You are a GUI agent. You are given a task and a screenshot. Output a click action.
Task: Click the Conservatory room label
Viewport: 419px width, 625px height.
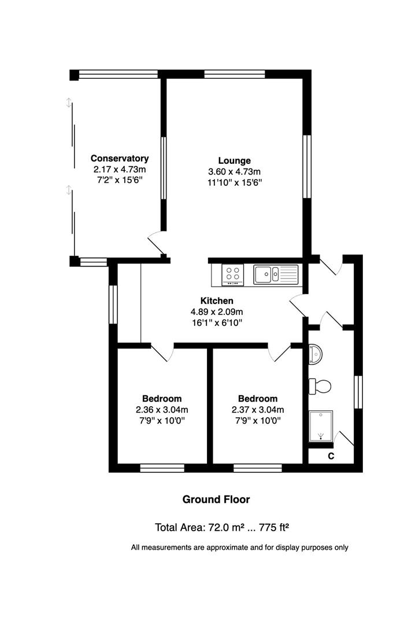click(x=120, y=158)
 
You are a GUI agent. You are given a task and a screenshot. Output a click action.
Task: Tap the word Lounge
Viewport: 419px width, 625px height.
click(x=235, y=161)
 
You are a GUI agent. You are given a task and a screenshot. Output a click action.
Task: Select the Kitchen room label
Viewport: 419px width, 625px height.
click(x=217, y=301)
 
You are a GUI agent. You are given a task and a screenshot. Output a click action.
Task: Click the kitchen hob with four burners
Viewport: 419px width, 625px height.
click(x=233, y=275)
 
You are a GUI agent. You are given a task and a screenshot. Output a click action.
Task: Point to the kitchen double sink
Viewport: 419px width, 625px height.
click(x=276, y=275)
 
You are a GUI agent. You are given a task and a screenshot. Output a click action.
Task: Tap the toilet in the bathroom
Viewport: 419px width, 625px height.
click(x=320, y=386)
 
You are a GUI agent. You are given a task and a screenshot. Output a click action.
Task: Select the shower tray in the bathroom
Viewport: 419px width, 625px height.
click(x=321, y=426)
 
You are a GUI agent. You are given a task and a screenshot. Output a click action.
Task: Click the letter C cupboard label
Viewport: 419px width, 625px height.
click(x=331, y=457)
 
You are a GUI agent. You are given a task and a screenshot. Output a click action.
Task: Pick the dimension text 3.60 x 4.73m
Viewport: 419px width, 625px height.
click(x=235, y=172)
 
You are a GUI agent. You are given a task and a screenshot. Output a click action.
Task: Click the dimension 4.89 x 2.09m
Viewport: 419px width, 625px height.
click(x=217, y=312)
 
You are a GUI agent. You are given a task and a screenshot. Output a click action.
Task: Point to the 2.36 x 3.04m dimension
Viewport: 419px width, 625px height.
click(x=162, y=410)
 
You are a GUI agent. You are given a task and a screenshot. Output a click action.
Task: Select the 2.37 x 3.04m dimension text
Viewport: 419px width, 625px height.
click(x=258, y=410)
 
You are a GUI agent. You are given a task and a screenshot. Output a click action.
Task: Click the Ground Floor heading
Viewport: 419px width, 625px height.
click(x=216, y=499)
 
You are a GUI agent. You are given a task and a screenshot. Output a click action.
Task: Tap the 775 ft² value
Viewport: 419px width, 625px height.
click(x=274, y=527)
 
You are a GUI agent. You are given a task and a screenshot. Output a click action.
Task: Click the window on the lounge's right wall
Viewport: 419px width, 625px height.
click(x=307, y=167)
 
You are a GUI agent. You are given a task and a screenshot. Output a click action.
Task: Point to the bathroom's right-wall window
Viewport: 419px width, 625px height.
click(x=358, y=392)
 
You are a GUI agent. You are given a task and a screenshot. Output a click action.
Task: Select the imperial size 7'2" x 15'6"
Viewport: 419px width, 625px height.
click(x=120, y=180)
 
